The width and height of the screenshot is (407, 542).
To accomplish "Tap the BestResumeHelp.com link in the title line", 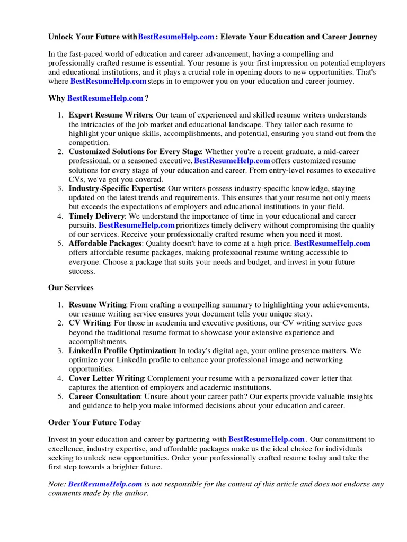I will pos(176,37).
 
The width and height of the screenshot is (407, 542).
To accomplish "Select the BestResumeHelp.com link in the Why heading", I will pos(105,98).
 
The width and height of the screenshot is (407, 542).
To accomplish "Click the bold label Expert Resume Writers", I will pos(110,115).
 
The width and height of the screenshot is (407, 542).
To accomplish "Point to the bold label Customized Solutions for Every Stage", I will pos(135,152).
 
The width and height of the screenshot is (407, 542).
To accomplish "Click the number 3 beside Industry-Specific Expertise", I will pos(60,189).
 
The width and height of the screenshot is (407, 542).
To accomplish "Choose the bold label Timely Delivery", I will pos(96,216).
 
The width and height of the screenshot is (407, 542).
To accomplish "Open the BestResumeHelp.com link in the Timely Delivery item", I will pos(136,225).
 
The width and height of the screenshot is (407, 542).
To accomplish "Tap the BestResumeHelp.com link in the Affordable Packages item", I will pos(332,243).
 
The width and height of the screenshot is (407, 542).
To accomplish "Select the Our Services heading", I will pos(71,288).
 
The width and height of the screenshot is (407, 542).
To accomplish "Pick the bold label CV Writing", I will pos(89,323).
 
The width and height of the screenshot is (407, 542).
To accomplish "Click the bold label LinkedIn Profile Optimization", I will pos(122,350).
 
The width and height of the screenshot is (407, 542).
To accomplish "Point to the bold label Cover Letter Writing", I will pos(106,378).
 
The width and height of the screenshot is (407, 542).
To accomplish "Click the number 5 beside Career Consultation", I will pos(60,397).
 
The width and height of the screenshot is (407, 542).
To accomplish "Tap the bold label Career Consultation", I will pos(104,397).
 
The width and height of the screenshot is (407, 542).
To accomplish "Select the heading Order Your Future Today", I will pos(94,423).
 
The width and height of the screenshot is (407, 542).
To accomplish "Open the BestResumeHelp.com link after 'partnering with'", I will pos(266,439).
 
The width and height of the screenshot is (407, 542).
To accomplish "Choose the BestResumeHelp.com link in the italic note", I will pos(105,484).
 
